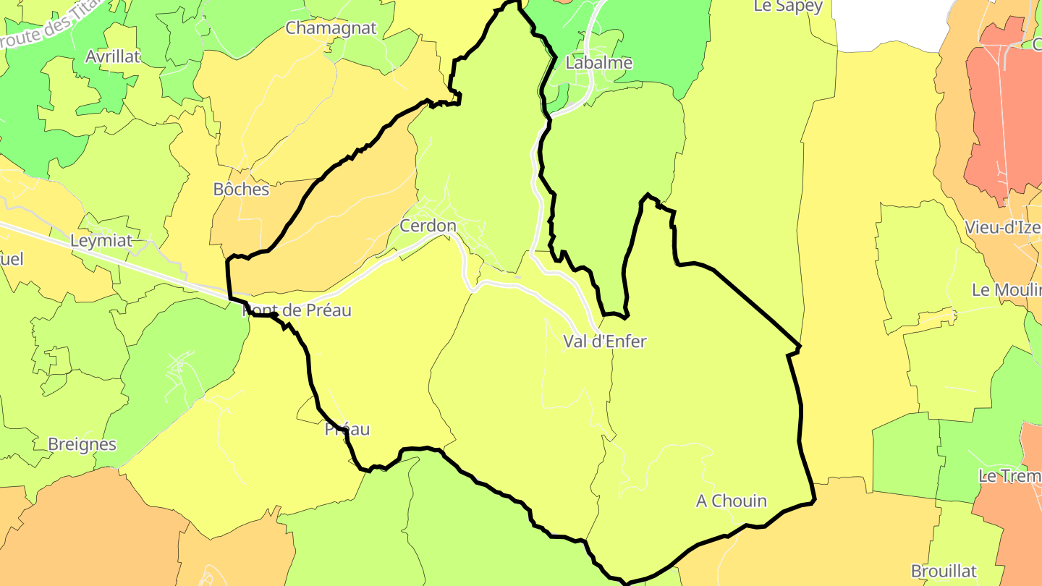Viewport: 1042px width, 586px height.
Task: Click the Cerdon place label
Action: tap(428, 226)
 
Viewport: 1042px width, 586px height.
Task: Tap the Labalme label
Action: tap(598, 63)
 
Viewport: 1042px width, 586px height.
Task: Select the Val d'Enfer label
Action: tap(604, 341)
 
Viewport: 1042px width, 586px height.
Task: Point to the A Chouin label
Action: tap(731, 501)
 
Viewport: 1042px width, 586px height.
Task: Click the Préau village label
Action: tap(347, 429)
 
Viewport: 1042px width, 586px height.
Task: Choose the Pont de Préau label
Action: tap(297, 310)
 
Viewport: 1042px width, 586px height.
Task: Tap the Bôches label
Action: tap(241, 190)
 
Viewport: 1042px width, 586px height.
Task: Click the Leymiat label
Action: tap(101, 241)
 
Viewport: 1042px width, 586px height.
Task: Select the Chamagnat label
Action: tap(331, 28)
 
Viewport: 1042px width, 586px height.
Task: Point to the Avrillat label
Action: tap(112, 56)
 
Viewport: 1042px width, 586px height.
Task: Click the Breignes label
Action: tap(82, 444)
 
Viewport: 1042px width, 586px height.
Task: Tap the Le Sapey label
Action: tap(788, 7)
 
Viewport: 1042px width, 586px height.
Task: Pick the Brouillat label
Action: tap(944, 571)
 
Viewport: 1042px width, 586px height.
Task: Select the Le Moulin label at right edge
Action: tap(1007, 290)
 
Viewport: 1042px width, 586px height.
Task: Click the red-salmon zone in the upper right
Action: tap(1002, 116)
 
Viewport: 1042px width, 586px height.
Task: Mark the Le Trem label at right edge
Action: tap(1009, 476)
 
